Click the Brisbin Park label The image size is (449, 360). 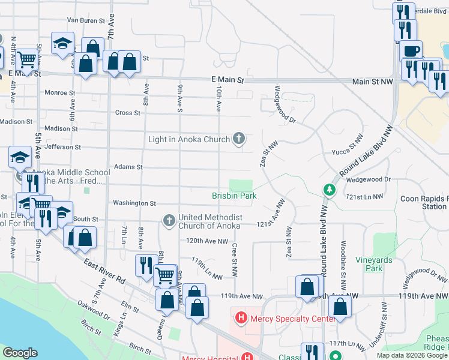tap(234, 196)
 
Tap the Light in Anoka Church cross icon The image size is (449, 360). tap(239, 139)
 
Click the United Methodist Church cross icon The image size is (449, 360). tap(169, 221)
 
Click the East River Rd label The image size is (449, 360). tap(104, 272)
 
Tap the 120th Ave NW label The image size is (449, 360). tap(207, 241)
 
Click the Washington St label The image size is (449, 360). tap(134, 204)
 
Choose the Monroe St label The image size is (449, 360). tap(60, 93)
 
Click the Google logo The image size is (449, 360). tap(20, 353)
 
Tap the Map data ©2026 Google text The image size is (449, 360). tap(412, 355)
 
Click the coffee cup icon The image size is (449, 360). tap(411, 51)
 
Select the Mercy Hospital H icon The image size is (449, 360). tap(247, 356)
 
